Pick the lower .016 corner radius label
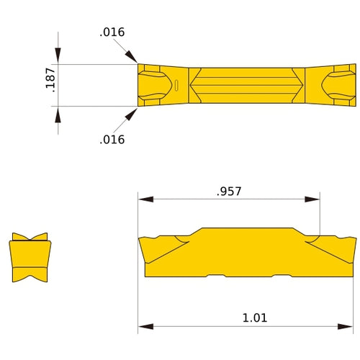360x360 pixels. pos(112,140)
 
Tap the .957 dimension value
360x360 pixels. pos(229,192)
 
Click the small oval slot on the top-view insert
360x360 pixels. pos(176,86)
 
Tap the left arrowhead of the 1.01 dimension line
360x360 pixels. pos(143,326)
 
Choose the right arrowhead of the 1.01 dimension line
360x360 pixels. pos(351,326)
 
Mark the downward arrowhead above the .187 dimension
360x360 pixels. pos(58,58)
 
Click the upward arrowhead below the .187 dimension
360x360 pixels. pos(58,113)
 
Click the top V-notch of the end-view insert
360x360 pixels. pos(30,238)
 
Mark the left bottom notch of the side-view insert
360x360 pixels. pos(216,276)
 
